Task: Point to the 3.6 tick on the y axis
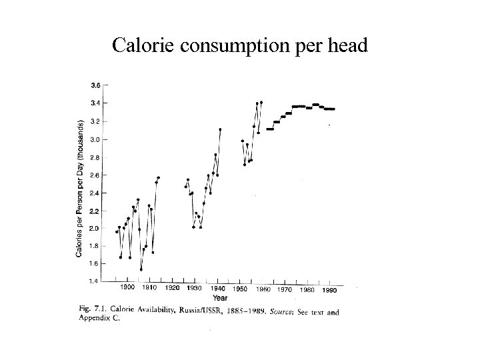pyautogui.click(x=96, y=85)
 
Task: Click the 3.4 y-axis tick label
pyautogui.click(x=96, y=103)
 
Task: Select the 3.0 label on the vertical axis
pyautogui.click(x=96, y=139)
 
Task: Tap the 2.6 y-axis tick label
pyautogui.click(x=96, y=175)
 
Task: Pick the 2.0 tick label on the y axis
pyautogui.click(x=96, y=228)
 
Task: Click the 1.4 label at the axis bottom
pyautogui.click(x=96, y=281)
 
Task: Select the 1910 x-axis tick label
pyautogui.click(x=149, y=288)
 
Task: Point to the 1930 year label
pyautogui.click(x=194, y=289)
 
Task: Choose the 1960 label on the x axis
pyautogui.click(x=263, y=289)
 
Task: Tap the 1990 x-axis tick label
pyautogui.click(x=328, y=291)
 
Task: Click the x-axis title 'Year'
pyautogui.click(x=220, y=298)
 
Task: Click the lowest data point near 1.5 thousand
pyautogui.click(x=141, y=269)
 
